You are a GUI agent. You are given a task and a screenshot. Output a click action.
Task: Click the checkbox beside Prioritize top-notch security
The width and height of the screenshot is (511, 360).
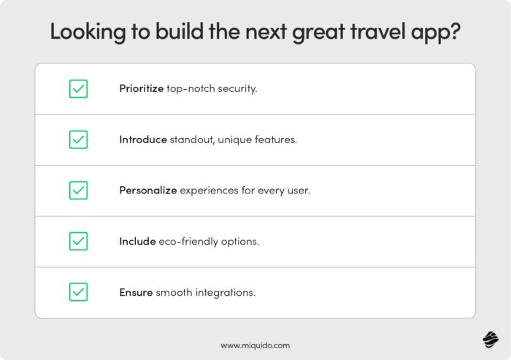point(78,88)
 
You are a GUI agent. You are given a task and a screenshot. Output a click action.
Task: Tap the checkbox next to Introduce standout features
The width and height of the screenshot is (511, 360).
point(78,139)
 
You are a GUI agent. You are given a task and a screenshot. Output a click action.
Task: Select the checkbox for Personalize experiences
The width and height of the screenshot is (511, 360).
point(78,191)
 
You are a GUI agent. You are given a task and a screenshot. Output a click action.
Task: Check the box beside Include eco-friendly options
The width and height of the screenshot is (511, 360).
point(78,242)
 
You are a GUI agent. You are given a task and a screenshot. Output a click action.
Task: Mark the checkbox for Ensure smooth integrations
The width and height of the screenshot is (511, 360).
point(78,293)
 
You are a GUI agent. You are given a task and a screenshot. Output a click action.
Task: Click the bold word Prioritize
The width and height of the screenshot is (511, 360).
point(141,88)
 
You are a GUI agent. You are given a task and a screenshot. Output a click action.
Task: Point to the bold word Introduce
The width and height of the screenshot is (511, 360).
point(143,139)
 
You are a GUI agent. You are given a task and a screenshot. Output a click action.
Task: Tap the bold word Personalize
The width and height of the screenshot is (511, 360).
point(148,191)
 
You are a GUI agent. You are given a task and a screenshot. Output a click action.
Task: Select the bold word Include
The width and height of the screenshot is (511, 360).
point(137,242)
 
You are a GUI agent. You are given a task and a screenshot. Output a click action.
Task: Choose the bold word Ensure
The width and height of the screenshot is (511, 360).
point(136,293)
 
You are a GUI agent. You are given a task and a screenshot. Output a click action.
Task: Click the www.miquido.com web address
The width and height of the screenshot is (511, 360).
point(255,344)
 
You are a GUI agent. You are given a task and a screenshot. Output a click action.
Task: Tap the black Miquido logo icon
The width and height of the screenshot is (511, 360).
point(490,341)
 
